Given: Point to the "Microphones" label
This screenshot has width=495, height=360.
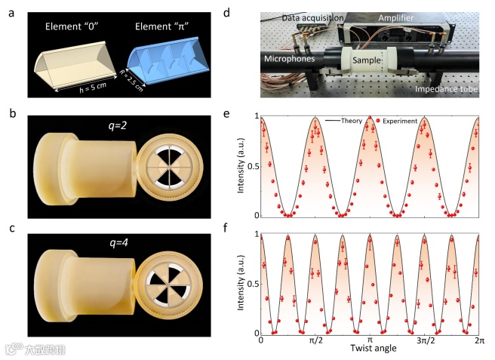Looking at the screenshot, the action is click(x=293, y=57).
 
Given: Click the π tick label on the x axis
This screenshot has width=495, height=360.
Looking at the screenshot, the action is click(x=370, y=342).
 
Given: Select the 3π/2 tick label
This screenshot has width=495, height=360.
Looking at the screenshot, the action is click(x=423, y=342).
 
